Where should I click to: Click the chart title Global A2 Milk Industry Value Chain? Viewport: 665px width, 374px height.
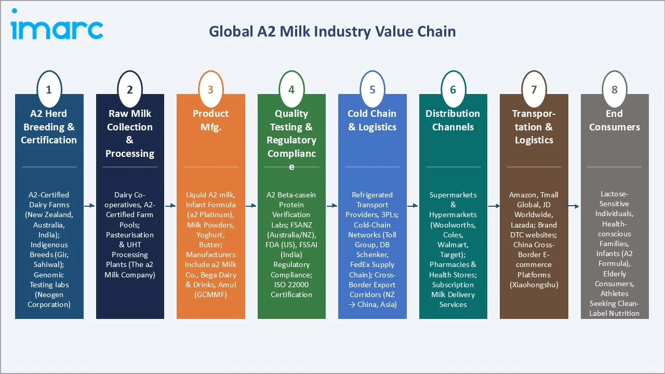tap(332, 32)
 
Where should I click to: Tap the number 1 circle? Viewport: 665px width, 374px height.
tap(49, 89)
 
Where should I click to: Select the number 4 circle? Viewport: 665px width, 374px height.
tap(291, 89)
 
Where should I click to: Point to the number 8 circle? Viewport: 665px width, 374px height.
tap(615, 89)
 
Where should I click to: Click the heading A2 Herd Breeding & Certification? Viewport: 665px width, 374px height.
tap(49, 127)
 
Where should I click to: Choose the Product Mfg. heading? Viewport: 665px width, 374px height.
tap(210, 120)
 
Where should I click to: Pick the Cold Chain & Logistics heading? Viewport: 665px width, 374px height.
tap(372, 120)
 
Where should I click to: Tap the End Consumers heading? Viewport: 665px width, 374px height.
tap(615, 120)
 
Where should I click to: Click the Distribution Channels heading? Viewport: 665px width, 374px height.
tap(453, 120)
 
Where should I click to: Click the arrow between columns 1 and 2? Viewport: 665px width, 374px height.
tap(89, 206)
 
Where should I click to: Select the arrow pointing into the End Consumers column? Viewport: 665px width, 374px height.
tap(574, 206)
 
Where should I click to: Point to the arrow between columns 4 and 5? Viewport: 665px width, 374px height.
tap(332, 206)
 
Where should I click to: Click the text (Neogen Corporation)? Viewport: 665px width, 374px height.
tap(49, 300)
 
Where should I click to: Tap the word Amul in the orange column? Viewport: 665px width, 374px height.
tap(227, 285)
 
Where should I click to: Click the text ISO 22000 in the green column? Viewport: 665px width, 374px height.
tap(291, 285)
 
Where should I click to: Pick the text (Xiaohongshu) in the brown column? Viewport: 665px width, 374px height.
tap(534, 285)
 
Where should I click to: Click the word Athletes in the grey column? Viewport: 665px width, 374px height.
tap(615, 293)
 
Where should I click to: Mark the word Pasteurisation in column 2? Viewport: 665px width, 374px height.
tap(130, 235)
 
